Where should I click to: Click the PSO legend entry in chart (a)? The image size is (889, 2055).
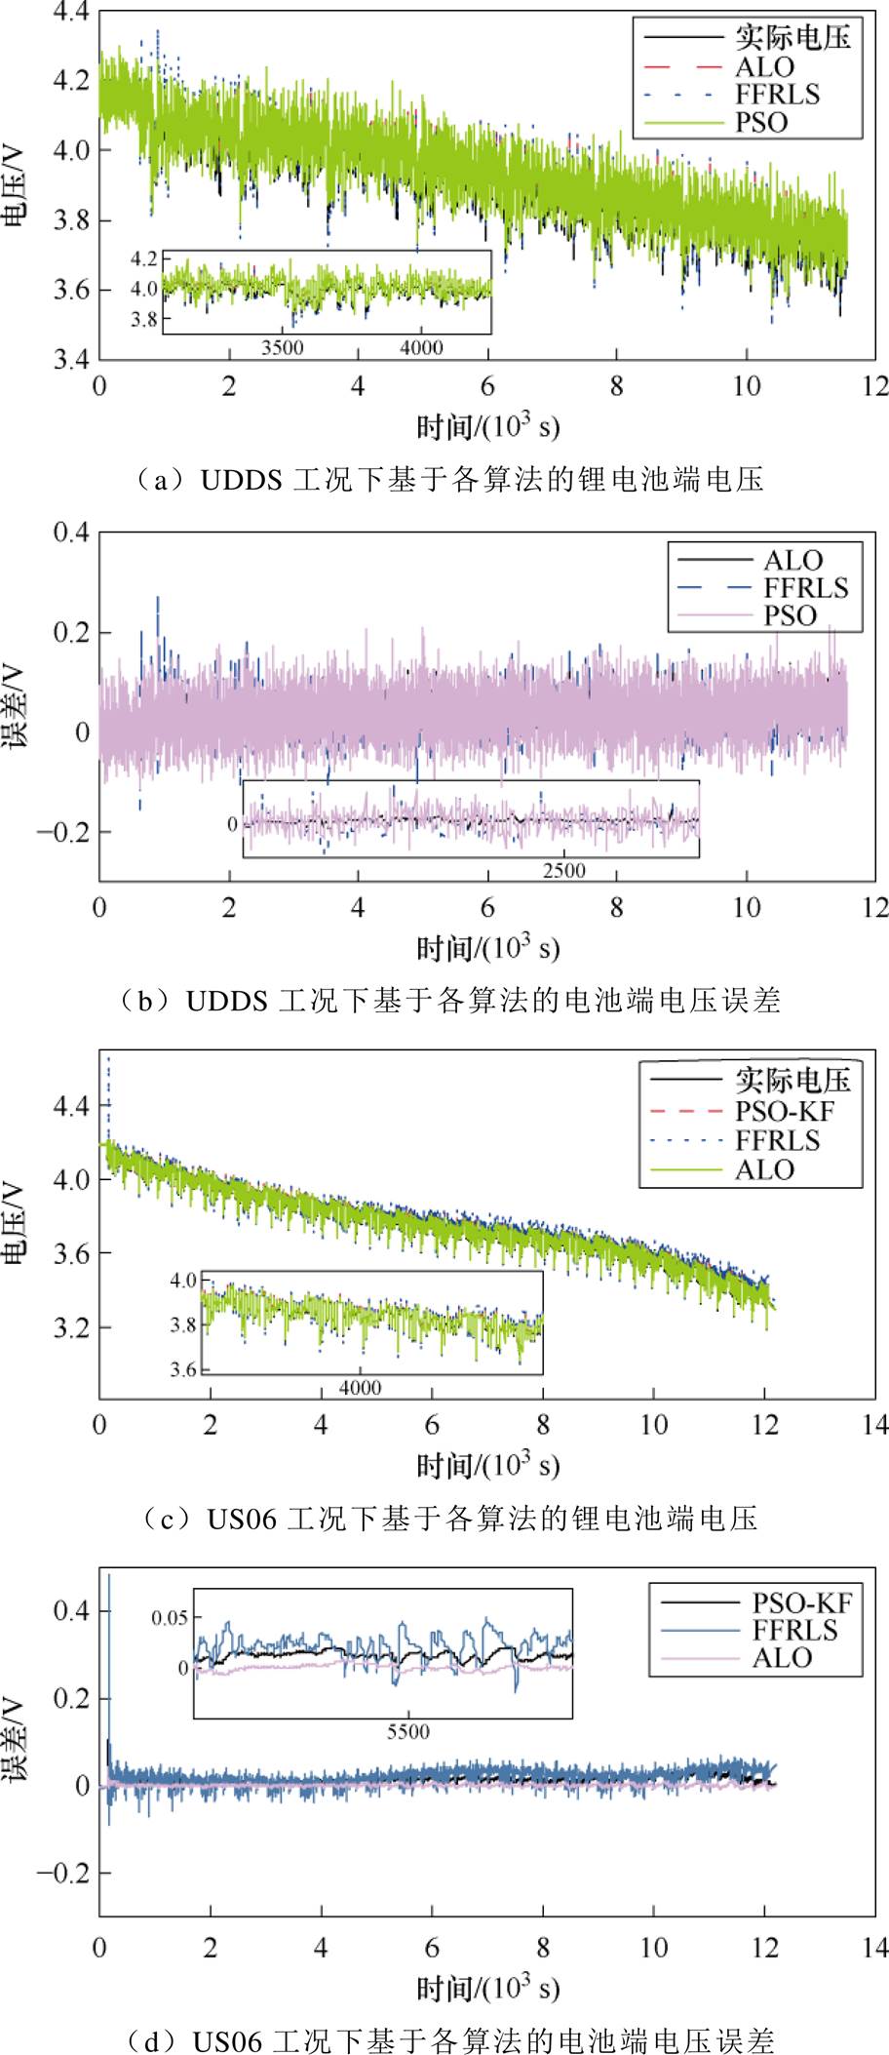[761, 123]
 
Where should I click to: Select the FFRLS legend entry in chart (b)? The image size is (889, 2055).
[805, 588]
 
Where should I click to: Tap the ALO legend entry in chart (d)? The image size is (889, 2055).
[782, 1658]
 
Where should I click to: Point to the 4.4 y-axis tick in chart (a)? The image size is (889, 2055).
[70, 13]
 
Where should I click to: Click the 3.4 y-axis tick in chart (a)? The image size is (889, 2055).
[70, 360]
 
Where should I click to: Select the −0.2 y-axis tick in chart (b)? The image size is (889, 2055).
[61, 832]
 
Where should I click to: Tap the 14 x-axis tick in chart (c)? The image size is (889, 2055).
[875, 1425]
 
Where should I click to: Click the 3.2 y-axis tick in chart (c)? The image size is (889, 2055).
[70, 1327]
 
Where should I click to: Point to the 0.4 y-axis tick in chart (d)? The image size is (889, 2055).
[70, 1610]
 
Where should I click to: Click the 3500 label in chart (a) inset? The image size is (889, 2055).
[283, 347]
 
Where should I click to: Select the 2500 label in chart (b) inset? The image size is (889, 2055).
[564, 870]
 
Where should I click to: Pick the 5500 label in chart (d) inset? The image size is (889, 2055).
[407, 1732]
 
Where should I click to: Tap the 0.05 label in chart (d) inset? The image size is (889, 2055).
[170, 1618]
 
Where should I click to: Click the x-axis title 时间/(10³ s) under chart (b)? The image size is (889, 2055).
[487, 948]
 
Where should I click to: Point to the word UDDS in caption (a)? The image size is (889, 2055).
[241, 480]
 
